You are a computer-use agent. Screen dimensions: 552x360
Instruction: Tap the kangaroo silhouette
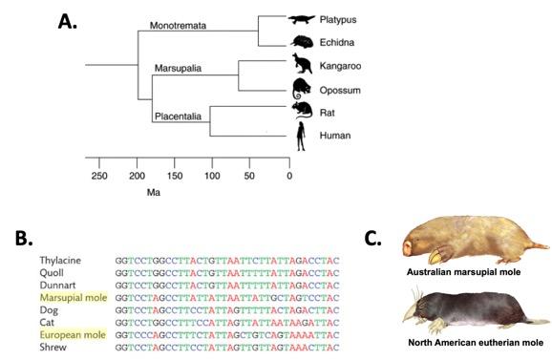(x=303, y=65)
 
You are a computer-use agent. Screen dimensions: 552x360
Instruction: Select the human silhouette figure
(x=302, y=136)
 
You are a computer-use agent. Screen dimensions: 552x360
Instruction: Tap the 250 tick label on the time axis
(x=98, y=175)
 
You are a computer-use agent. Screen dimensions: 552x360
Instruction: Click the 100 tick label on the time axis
(x=210, y=175)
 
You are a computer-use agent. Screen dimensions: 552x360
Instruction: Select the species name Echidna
(x=340, y=42)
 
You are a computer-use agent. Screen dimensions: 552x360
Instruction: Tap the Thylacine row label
(x=61, y=260)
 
